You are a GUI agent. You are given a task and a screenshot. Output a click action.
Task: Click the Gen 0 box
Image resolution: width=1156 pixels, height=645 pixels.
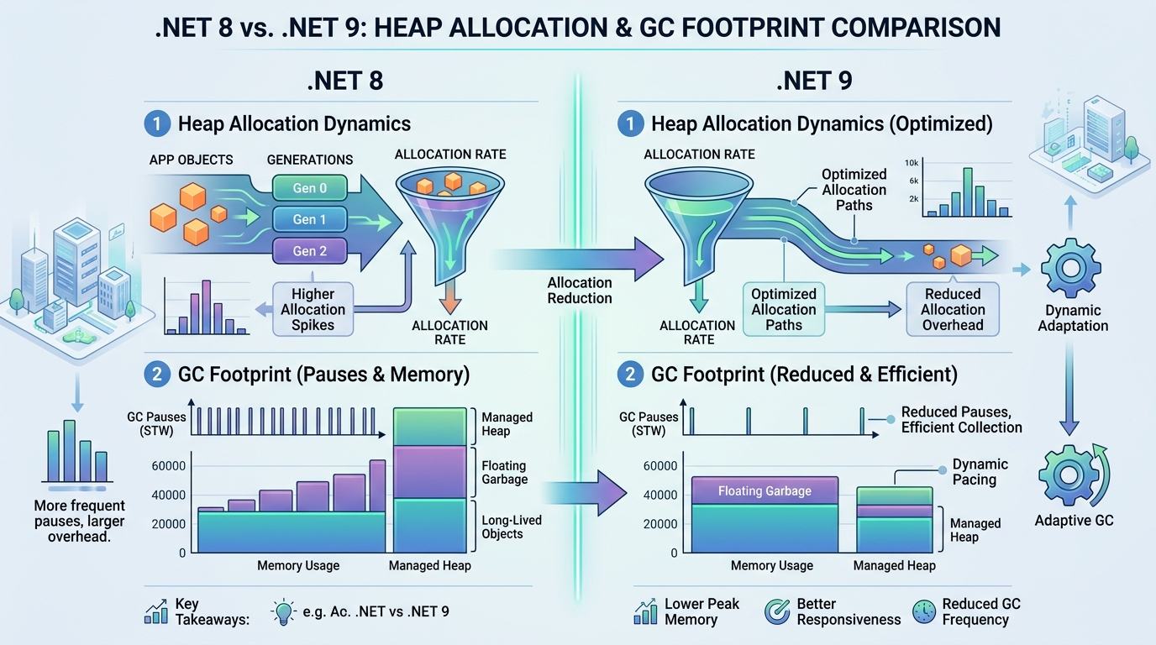[x=310, y=188]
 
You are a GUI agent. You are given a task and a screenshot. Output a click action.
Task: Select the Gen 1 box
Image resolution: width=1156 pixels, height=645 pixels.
[x=310, y=219]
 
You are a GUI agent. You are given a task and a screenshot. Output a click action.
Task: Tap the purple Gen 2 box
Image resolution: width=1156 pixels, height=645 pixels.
[x=310, y=251]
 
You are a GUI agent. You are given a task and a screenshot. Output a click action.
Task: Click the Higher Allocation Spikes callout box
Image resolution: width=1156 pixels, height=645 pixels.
[x=313, y=310]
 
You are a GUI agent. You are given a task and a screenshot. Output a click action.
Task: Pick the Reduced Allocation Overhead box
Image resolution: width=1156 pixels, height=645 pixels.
[x=953, y=310]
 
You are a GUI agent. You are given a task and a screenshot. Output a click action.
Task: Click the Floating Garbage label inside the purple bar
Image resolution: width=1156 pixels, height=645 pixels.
[x=765, y=490]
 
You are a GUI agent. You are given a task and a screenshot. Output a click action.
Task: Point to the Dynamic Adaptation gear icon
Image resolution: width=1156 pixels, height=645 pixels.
[x=1071, y=268]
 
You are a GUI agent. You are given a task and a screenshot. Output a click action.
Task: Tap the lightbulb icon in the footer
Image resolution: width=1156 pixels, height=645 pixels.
[x=283, y=612]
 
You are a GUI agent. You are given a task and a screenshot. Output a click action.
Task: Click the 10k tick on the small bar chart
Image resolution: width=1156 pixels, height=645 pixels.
[x=912, y=163]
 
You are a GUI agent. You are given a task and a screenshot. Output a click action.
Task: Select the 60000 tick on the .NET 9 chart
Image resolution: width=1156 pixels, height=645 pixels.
[x=660, y=466]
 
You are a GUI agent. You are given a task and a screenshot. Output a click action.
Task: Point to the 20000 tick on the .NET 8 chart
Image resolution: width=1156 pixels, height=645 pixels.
[x=168, y=524]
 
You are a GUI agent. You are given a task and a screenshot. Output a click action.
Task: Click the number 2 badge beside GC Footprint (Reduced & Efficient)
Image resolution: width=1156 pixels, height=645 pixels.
[x=630, y=374]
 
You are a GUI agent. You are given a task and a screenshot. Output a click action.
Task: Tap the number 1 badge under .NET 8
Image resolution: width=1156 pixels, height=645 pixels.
[x=157, y=123]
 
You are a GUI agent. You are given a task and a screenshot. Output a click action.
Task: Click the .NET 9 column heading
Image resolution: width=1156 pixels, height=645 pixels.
[x=814, y=81]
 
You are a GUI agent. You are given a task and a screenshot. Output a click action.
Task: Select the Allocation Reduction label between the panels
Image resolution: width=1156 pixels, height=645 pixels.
[x=580, y=291]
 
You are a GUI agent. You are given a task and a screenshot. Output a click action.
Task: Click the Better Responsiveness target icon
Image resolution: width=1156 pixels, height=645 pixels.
[x=776, y=612]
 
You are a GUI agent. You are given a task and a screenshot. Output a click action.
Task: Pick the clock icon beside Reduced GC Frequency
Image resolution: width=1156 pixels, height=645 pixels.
[x=924, y=612]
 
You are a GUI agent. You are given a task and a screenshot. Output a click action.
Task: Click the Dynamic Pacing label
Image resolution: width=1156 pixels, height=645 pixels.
[x=980, y=472]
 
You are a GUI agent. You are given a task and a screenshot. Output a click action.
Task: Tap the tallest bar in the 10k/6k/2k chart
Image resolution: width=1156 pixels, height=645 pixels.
[x=968, y=192]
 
